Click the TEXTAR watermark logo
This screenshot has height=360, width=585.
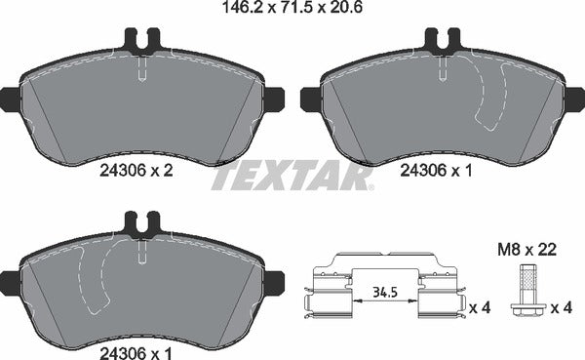[292, 177]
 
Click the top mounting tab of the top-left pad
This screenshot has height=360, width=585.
[142, 41]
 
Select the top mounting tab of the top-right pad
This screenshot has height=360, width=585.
[442, 41]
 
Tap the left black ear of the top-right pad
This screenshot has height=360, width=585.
[309, 98]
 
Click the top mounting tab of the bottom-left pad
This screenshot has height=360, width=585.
[142, 223]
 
